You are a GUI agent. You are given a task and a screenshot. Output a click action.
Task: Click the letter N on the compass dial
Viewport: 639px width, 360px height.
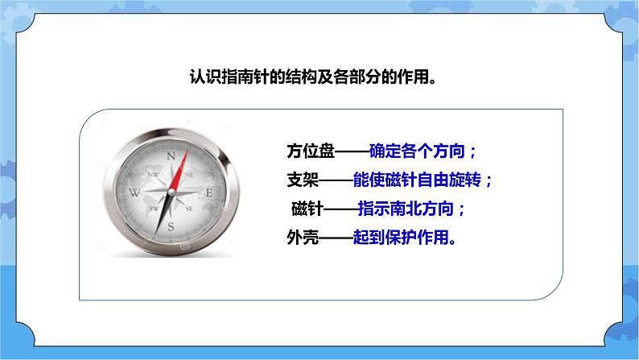[171, 155]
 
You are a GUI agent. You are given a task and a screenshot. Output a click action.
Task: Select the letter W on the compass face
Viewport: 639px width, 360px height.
[134, 192]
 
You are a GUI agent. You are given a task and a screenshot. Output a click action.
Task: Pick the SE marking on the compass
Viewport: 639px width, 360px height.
[190, 208]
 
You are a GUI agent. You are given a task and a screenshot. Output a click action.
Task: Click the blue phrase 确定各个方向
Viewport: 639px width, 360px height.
[418, 151]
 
